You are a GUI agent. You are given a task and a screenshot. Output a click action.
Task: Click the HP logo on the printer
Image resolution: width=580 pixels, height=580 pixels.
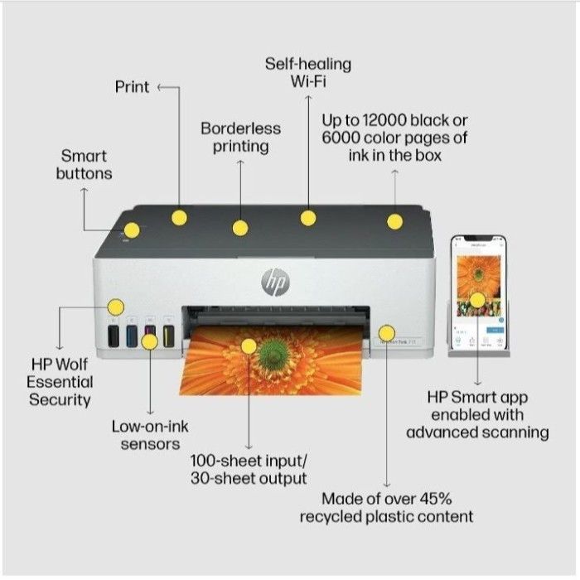pos(275,282)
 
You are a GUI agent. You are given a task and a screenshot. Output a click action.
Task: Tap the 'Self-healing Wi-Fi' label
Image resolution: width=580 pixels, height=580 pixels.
pos(308,72)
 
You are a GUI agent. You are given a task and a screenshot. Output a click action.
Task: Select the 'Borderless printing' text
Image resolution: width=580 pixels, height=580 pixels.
pos(240,138)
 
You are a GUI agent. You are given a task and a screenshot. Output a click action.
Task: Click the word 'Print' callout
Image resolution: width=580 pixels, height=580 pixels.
pos(132,86)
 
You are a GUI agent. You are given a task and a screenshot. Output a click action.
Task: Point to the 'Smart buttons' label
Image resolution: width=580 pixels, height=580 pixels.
pos(84,164)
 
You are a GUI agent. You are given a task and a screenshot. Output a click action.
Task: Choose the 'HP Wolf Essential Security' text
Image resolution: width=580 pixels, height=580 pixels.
pos(60,382)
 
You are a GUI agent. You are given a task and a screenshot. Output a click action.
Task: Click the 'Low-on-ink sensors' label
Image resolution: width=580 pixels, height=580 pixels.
pos(150,435)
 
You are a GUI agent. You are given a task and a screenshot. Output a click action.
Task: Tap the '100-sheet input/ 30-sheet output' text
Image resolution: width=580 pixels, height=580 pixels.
pos(249,469)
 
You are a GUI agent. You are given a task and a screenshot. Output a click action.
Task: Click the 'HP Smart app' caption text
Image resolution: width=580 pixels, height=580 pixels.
pos(476,414)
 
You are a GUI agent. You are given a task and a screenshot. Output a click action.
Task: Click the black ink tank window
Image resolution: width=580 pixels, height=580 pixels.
pos(114,336)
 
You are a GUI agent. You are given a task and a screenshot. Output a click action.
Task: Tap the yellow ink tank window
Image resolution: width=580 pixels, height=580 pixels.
pos(168,336)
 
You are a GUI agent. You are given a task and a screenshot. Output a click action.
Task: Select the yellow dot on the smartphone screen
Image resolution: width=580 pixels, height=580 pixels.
pos(477,300)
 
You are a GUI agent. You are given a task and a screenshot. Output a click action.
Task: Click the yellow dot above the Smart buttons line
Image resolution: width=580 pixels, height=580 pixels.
pos(132,230)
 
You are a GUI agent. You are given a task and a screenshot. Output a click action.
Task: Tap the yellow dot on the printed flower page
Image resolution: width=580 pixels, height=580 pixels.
pos(249,346)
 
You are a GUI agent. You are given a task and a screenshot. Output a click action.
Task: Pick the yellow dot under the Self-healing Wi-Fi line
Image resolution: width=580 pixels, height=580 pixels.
pos(308,218)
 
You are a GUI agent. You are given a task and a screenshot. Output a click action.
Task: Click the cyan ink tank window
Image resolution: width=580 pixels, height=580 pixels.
pos(132,336)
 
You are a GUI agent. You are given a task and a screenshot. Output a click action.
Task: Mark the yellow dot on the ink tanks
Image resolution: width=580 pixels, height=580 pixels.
pos(149,341)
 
